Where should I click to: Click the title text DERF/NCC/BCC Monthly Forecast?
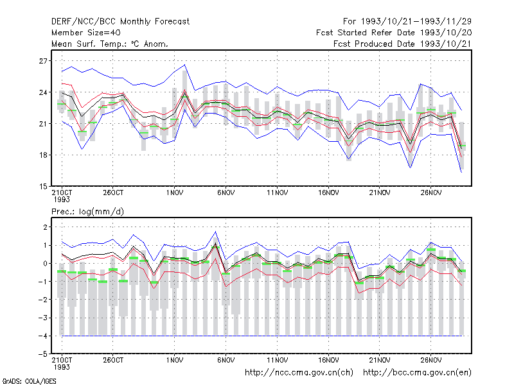(x=120, y=22)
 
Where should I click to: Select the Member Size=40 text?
(x=86, y=33)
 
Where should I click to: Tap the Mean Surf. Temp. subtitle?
(x=109, y=44)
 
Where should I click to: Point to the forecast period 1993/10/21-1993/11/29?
(x=407, y=22)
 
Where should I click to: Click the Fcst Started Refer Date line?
(x=394, y=33)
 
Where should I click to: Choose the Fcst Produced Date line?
(x=402, y=44)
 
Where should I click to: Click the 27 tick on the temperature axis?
(x=43, y=61)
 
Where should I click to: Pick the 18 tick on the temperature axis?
(x=43, y=155)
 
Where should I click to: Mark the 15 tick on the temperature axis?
(x=43, y=186)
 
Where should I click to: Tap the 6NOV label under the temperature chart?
(x=226, y=193)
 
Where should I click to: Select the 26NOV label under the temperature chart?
(x=430, y=193)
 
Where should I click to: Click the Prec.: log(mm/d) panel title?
(x=87, y=212)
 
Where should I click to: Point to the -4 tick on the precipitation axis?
(x=42, y=336)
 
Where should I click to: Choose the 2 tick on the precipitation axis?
(x=45, y=227)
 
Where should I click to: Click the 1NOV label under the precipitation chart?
(x=174, y=360)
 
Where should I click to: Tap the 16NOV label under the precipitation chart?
(x=328, y=360)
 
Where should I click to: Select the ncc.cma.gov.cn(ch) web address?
(x=299, y=373)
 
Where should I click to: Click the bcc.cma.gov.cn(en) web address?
(x=417, y=373)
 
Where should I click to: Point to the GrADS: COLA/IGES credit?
(x=29, y=381)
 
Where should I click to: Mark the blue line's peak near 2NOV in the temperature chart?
(x=185, y=65)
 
